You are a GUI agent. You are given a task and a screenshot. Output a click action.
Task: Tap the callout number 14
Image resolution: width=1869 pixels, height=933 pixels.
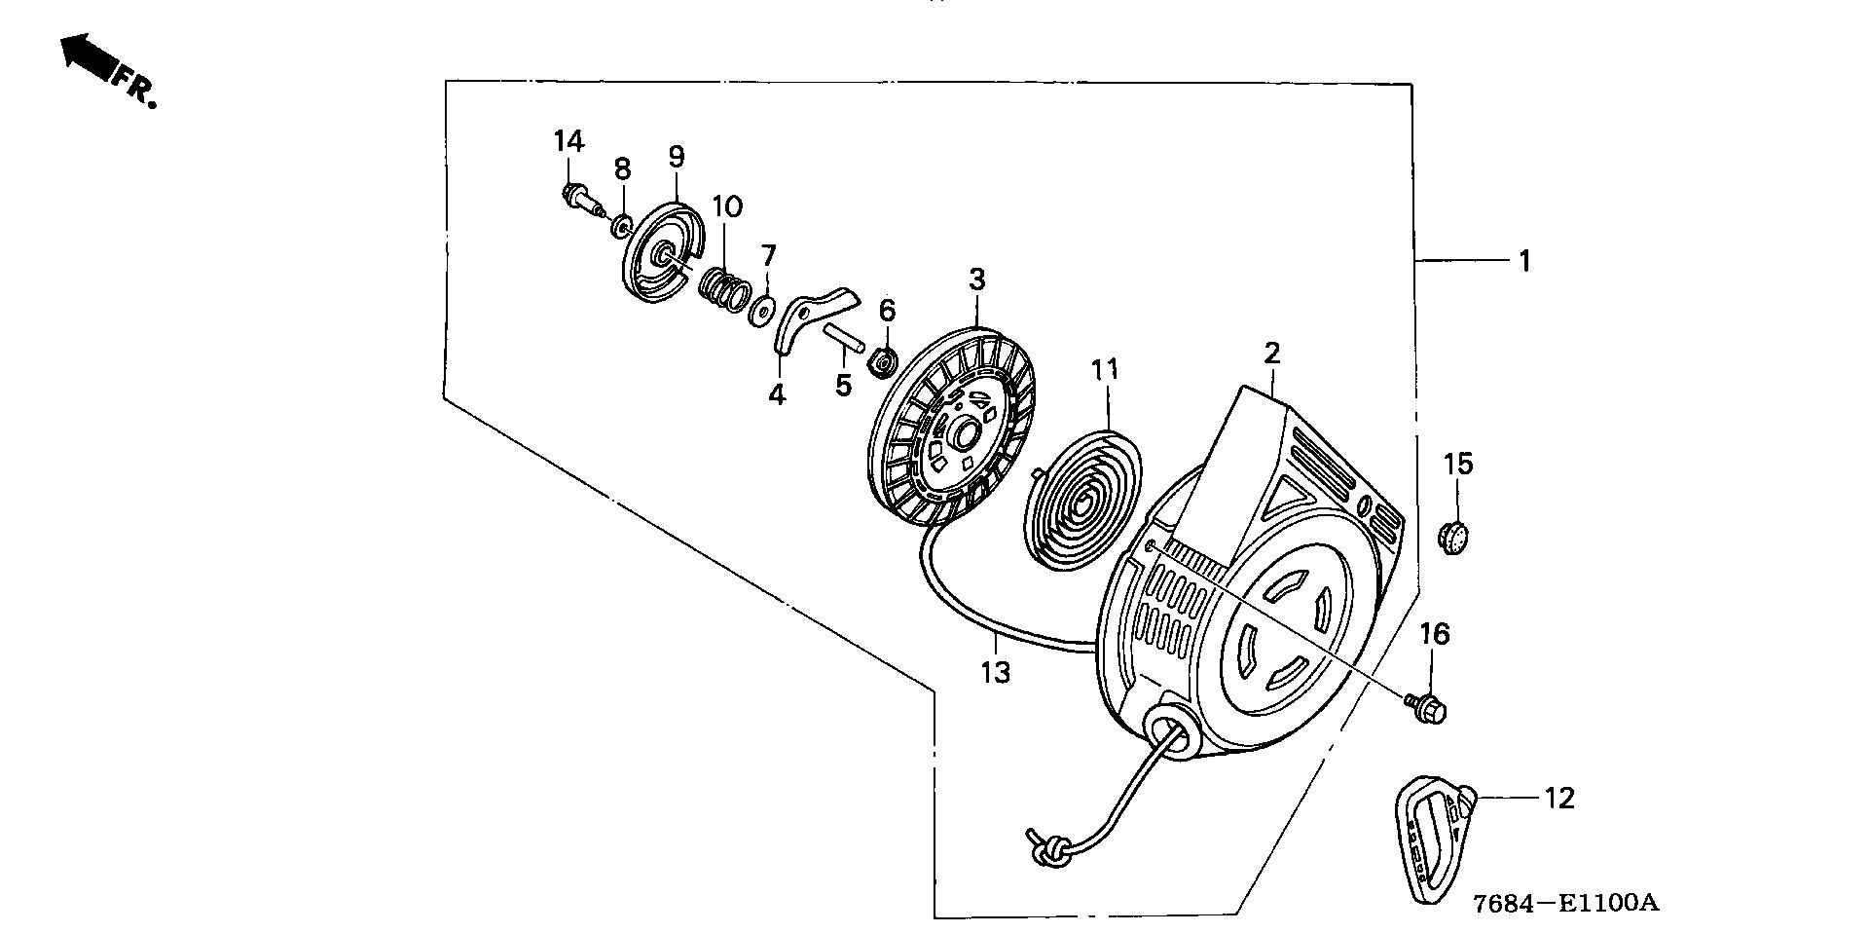click(568, 141)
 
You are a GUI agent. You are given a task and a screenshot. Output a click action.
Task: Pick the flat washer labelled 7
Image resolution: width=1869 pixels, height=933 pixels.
click(760, 311)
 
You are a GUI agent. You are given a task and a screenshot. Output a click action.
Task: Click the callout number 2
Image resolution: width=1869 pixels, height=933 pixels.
click(1271, 354)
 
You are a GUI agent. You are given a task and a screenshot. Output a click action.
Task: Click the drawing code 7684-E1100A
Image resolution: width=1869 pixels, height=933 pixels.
click(1564, 904)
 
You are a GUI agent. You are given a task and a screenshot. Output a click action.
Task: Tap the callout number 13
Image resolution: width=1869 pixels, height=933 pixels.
click(996, 672)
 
